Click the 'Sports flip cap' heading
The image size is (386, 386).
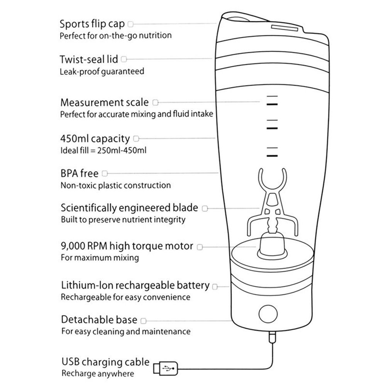tap(92, 24)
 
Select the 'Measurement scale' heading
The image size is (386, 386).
tap(104, 103)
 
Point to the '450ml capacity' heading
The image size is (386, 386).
tap(95, 138)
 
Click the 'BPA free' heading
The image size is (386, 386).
tap(80, 173)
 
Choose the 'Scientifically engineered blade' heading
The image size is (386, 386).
tap(129, 208)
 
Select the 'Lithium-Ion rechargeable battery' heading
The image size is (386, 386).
tap(135, 286)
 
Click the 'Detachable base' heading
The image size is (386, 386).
tap(99, 320)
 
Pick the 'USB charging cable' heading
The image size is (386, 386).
tap(105, 362)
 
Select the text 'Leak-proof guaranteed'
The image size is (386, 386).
tap(102, 71)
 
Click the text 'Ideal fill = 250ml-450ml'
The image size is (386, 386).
tap(103, 150)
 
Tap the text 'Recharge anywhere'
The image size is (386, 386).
tap(98, 374)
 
